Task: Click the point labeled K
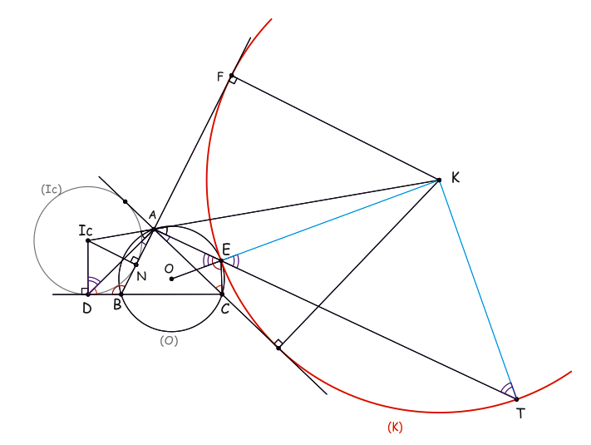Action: coord(439,180)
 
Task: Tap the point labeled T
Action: coord(516,399)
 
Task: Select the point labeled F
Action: coord(231,76)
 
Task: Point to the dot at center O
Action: coord(171,279)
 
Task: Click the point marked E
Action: coord(221,260)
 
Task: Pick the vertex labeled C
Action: coord(222,294)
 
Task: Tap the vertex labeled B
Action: coord(121,294)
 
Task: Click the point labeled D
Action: coord(88,294)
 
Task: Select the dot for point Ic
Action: coord(88,240)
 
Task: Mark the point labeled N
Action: coord(136,265)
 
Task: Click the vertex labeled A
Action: coord(154,229)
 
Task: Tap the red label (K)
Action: coord(395,427)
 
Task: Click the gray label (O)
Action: coord(169,340)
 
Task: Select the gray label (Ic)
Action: coord(51,189)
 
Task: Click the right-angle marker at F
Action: coord(234,80)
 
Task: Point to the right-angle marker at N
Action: coord(134,260)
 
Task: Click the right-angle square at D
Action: coord(85,291)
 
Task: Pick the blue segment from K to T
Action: coord(478,289)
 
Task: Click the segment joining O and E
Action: coord(196,269)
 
